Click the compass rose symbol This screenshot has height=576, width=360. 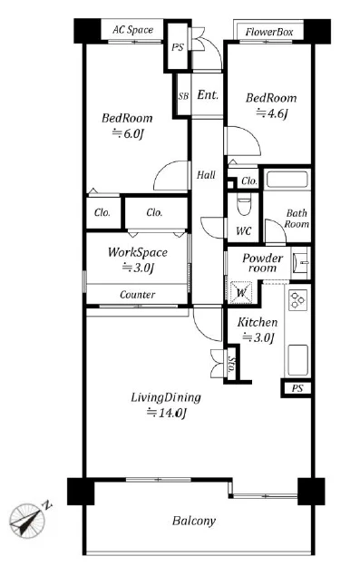26,521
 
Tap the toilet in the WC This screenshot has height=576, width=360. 244,205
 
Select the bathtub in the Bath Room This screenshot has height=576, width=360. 287,180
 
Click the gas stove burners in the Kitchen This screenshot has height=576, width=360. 297,299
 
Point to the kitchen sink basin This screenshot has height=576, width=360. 297,360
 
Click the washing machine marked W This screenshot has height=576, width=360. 241,293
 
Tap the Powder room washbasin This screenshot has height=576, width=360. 301,263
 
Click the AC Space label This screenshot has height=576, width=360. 132,30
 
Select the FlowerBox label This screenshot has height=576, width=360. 269,32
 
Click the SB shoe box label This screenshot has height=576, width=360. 183,96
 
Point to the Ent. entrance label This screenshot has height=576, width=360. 208,95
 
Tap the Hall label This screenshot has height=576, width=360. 206,175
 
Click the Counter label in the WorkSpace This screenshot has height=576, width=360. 138,295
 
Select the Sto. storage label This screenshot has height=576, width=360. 231,364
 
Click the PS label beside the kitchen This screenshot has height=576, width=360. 297,388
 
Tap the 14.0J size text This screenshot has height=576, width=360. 167,413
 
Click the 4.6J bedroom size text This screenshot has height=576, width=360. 271,113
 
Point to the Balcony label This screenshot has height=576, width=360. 193,521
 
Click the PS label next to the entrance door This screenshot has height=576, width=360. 178,47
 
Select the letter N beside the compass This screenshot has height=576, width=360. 48,504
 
